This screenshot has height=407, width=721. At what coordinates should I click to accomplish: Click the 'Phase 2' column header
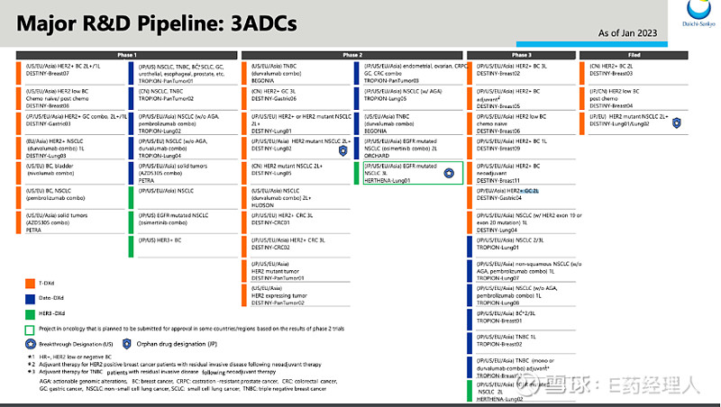point(353,55)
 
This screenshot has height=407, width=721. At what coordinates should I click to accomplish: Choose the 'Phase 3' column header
point(521,55)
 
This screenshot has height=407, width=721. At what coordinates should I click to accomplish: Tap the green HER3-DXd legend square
point(31,312)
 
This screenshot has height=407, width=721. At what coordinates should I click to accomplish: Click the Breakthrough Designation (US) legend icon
point(31,344)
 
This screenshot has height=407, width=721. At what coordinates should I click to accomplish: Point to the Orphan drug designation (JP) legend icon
point(127,344)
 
